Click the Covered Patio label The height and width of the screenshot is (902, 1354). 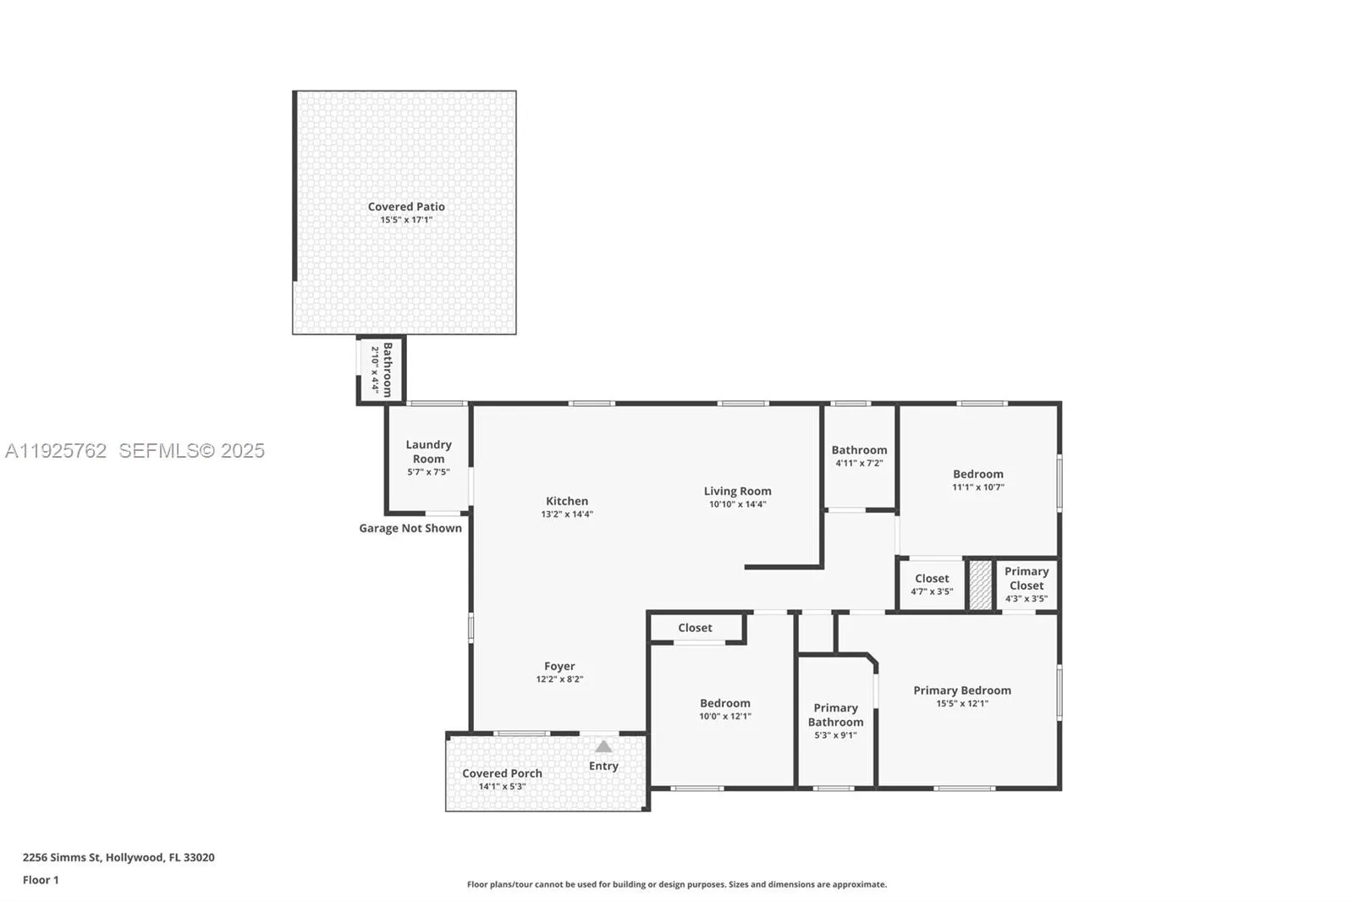(406, 206)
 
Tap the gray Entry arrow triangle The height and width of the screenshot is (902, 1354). (603, 746)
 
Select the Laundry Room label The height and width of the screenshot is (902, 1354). (428, 452)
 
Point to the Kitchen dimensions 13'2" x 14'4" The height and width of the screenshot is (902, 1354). (567, 514)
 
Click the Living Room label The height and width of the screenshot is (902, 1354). (737, 491)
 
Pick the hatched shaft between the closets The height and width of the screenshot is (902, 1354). (981, 585)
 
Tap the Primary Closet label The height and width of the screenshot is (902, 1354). (1027, 578)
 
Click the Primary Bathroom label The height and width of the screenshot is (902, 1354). (835, 715)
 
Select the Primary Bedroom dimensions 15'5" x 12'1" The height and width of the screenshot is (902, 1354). (962, 704)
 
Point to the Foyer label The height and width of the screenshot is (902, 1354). (559, 666)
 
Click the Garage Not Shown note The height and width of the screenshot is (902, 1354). (410, 528)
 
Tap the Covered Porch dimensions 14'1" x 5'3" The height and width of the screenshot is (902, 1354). (503, 787)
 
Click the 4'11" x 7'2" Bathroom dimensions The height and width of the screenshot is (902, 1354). (860, 463)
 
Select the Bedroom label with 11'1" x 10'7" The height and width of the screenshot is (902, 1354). (978, 474)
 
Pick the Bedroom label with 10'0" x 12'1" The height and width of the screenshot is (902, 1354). (724, 703)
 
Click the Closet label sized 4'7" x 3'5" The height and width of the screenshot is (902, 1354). (932, 579)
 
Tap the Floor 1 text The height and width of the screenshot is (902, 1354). (41, 880)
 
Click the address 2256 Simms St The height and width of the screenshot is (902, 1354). (62, 857)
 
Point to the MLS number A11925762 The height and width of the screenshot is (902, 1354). (56, 450)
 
